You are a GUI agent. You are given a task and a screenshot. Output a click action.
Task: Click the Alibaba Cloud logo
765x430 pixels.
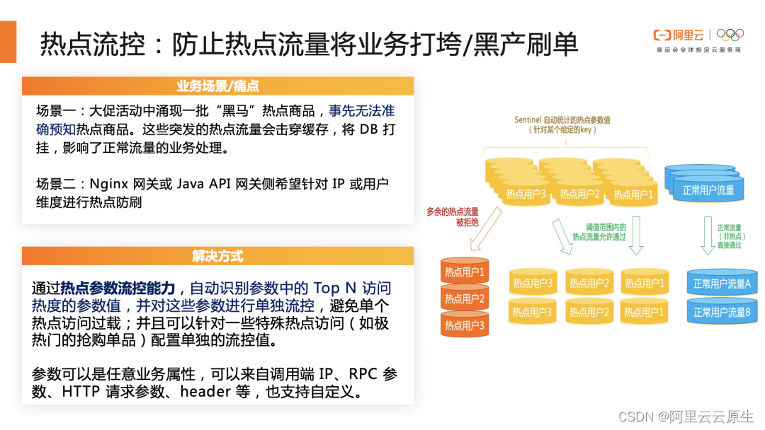point(679,35)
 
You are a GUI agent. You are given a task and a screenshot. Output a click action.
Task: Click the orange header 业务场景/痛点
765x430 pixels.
point(217,86)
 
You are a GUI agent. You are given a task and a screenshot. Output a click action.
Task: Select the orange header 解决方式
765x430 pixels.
point(217,256)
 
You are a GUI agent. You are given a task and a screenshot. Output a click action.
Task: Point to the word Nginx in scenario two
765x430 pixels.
point(107,184)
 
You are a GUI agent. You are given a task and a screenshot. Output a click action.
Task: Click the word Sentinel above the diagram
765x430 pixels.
point(530,120)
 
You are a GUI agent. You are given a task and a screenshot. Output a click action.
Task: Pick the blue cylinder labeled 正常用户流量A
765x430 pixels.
point(722,284)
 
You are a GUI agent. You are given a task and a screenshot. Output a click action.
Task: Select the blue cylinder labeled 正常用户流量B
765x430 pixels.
point(722,312)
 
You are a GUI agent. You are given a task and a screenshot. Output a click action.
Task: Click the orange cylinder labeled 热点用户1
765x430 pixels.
point(465,272)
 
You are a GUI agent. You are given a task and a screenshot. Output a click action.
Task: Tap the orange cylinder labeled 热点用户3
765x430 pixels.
point(465,325)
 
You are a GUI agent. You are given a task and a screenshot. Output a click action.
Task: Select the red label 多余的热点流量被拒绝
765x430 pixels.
point(452,216)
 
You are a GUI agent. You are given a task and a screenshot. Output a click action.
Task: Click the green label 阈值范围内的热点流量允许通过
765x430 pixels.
point(599,232)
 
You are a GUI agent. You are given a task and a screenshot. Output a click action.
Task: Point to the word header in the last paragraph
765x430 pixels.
point(205,391)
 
